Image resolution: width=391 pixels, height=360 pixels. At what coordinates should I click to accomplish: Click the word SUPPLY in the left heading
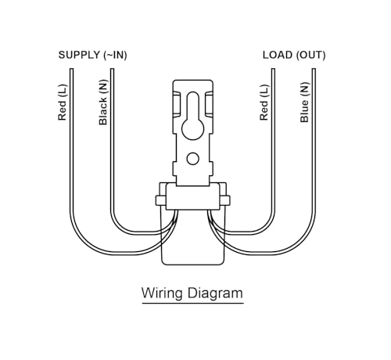(79, 55)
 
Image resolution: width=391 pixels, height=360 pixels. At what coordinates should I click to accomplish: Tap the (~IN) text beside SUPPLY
(115, 56)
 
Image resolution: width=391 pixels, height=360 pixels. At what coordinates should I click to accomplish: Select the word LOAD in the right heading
(278, 55)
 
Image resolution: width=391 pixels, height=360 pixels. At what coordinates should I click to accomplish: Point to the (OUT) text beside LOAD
(310, 56)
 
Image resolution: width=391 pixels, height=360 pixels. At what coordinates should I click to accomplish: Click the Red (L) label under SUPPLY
(63, 103)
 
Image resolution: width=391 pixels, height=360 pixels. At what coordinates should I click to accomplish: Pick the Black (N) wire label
(103, 103)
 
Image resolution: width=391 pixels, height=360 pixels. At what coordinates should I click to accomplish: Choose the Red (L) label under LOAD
(264, 103)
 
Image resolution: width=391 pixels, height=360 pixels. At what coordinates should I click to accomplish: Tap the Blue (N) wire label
(304, 103)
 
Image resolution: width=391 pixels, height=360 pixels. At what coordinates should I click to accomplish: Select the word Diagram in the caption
(215, 293)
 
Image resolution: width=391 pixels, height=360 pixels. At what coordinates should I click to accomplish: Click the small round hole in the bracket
(193, 159)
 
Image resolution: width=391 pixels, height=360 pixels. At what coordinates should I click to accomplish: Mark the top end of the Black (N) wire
(112, 69)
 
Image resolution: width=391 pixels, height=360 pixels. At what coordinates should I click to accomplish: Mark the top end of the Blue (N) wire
(314, 69)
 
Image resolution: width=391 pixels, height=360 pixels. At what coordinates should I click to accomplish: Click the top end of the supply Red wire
(71, 69)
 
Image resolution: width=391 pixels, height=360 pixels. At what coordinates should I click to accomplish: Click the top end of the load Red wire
(273, 69)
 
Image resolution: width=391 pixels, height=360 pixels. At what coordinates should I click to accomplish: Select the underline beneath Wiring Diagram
(193, 303)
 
